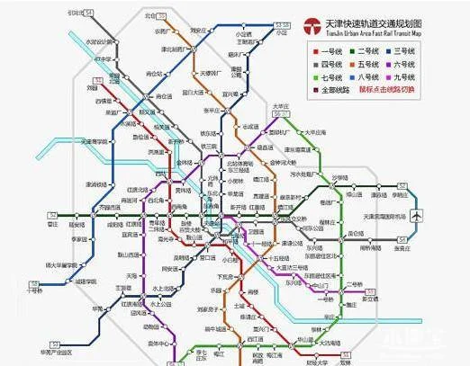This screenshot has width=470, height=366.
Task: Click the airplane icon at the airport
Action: tap(417, 216)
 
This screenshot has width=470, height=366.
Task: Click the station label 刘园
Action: tap(92, 88)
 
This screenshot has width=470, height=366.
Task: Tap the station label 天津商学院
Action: tap(95, 142)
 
